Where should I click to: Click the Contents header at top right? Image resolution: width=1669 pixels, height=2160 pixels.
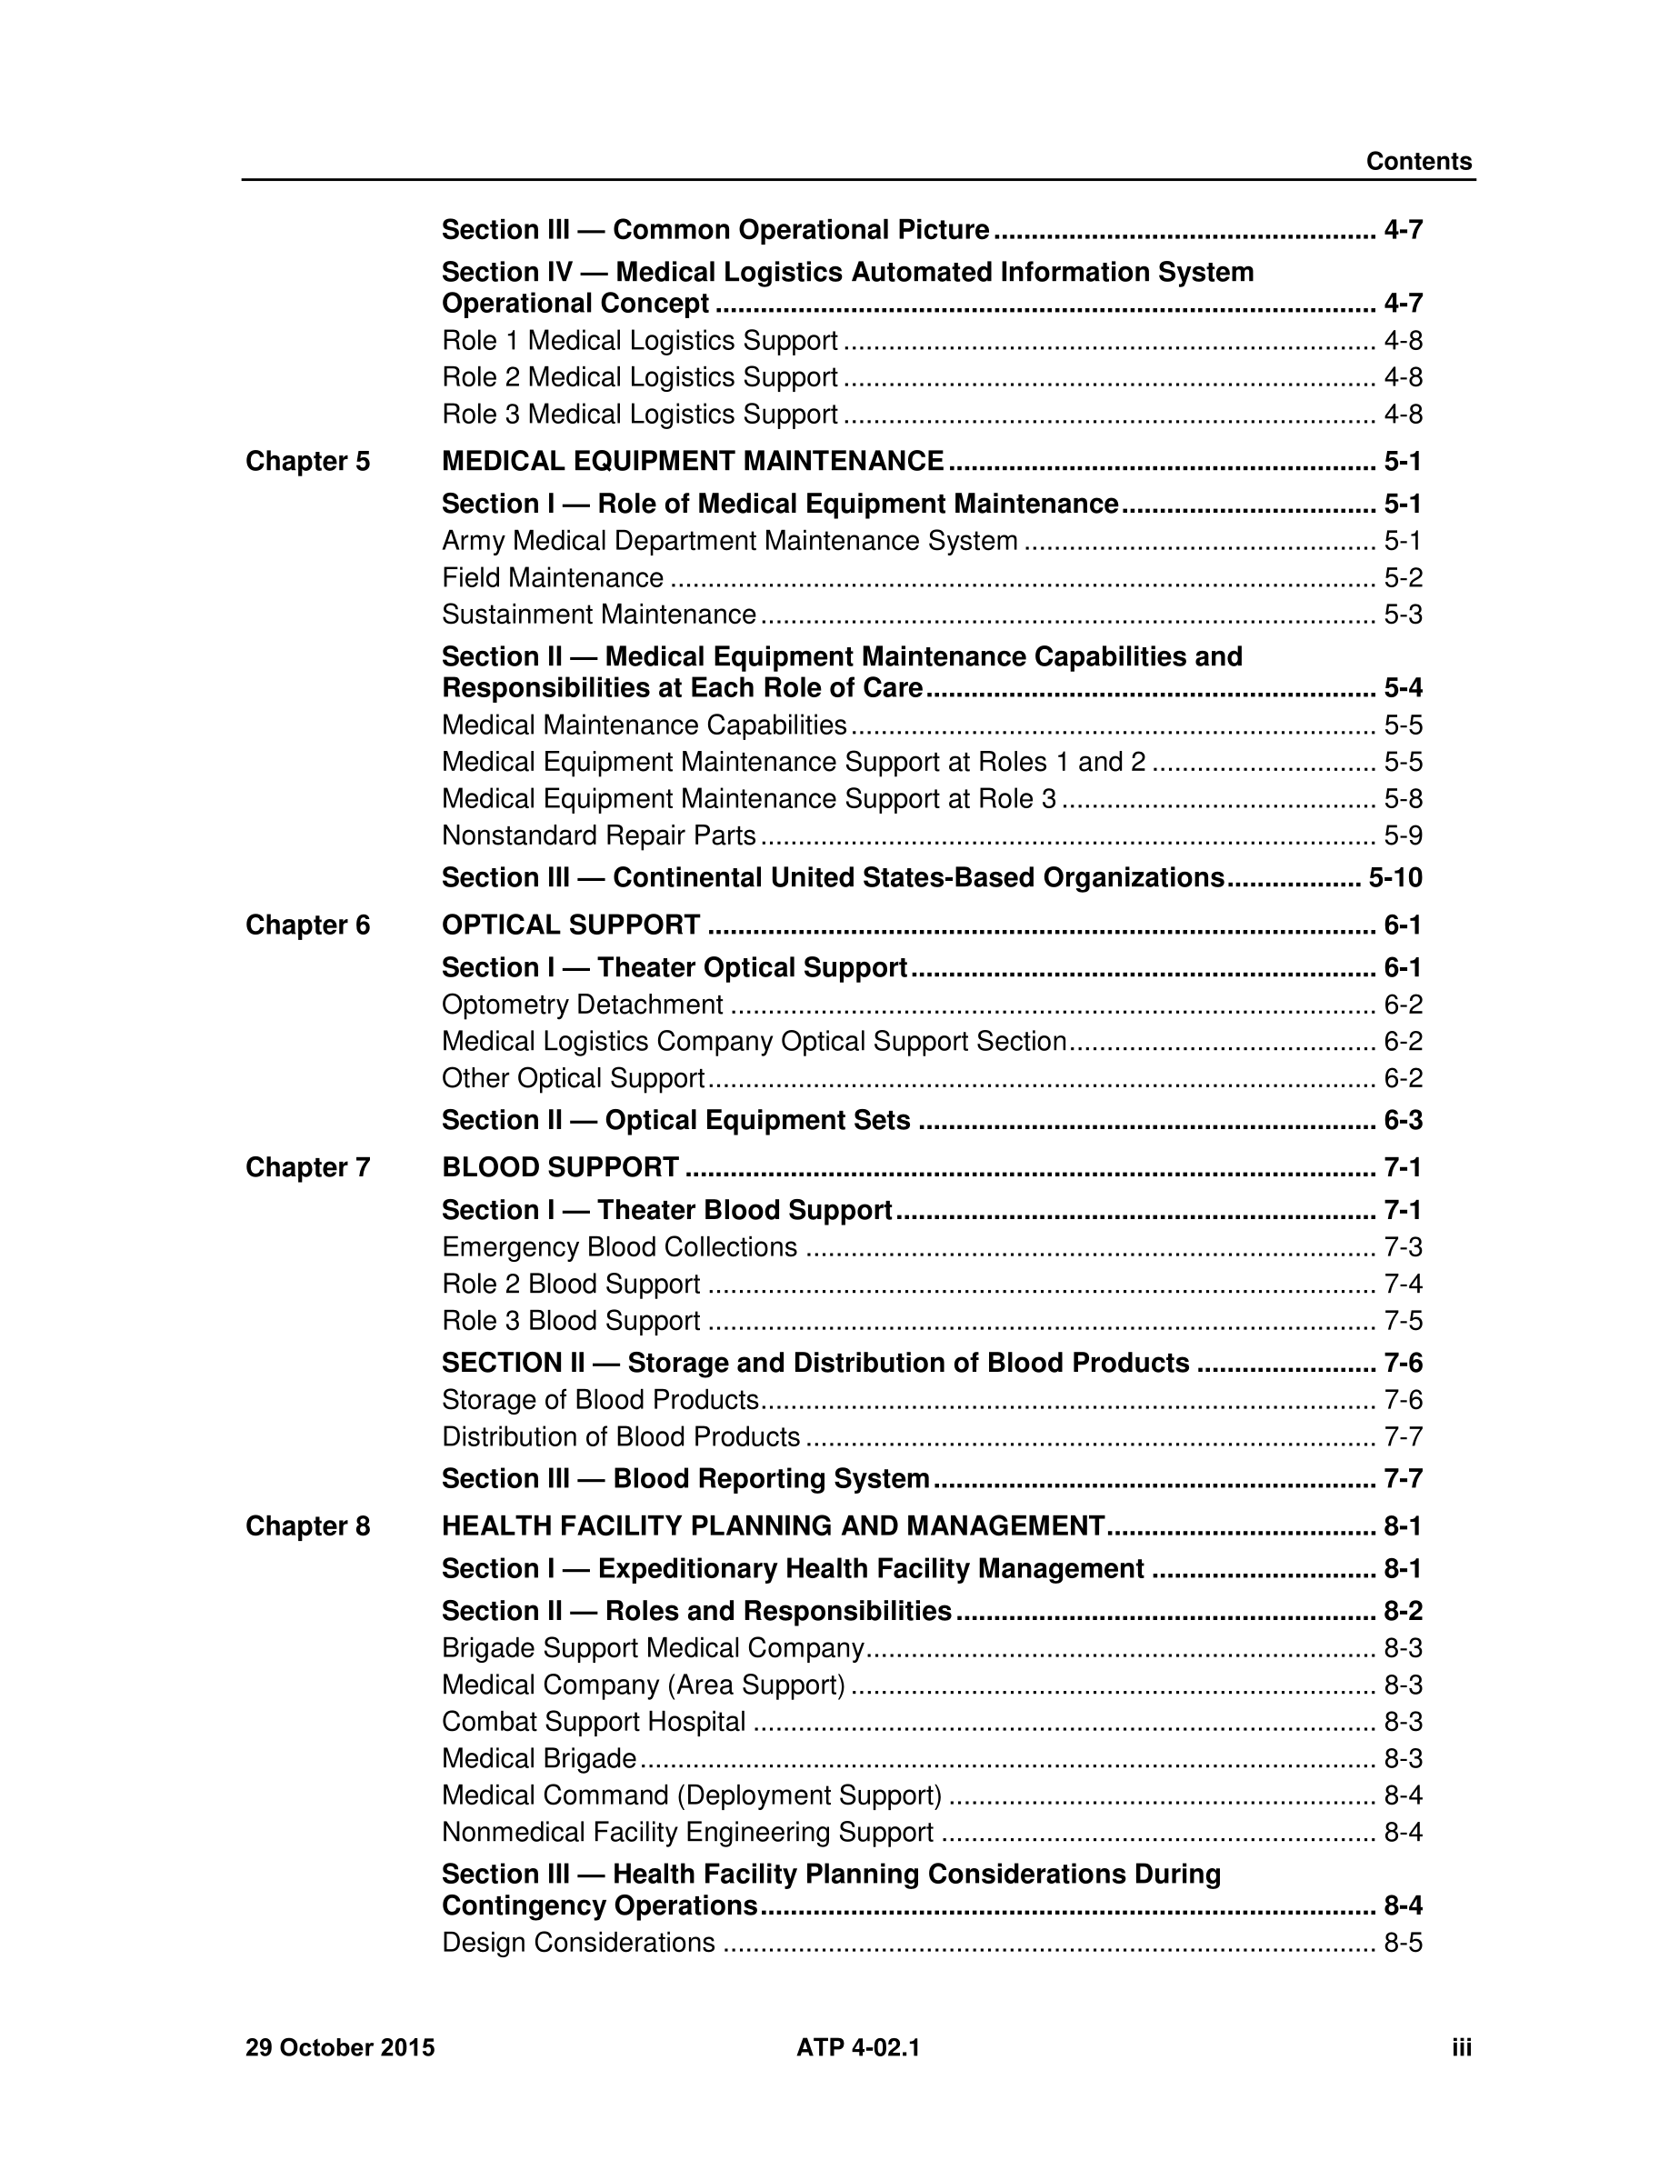pos(1418,161)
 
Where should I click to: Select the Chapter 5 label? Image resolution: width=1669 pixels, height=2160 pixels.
pos(307,462)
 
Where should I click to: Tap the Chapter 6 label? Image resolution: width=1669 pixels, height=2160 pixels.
pos(307,925)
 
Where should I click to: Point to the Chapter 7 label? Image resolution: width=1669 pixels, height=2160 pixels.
pos(307,1168)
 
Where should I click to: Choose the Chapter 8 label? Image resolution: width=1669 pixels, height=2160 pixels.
pos(307,1526)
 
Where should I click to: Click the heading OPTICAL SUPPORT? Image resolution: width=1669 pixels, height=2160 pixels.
pos(571,925)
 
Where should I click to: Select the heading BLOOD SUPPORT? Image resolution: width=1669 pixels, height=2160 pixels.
pos(561,1168)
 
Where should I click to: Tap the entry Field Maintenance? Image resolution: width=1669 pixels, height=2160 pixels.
pos(553,577)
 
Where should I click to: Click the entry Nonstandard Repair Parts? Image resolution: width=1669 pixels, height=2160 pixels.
pos(598,835)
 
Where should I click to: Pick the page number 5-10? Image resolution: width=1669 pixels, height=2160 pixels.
pos(1395,878)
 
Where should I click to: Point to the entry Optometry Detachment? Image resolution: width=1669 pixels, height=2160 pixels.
pos(583,1005)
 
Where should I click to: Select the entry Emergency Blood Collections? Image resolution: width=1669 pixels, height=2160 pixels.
pos(619,1247)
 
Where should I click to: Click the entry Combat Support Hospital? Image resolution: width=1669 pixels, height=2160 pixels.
pos(594,1722)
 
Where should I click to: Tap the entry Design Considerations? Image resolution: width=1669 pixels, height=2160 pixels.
pos(578,1943)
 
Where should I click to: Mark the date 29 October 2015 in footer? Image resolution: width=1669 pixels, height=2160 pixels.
pos(340,2047)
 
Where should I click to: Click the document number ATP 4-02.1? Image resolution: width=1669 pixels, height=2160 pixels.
pos(858,2047)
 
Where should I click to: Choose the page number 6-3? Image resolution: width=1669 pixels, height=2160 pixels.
pos(1402,1121)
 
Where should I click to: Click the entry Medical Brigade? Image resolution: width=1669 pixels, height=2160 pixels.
pos(539,1758)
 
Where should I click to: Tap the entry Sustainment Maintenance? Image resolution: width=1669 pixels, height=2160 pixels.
pos(598,615)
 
